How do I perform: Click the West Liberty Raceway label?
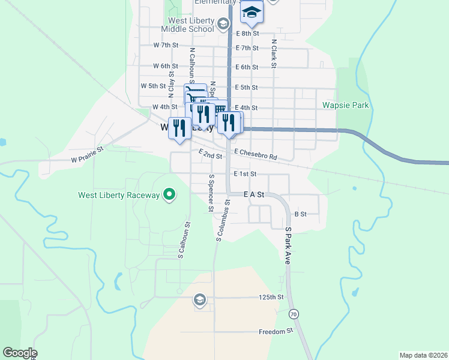119,195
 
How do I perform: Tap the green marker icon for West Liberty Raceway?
169,194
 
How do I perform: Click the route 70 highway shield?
293,314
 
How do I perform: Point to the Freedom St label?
276,331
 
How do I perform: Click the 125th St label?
271,297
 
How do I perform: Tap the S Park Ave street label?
288,246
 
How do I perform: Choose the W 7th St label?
166,45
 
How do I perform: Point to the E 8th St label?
247,34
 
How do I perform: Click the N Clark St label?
274,53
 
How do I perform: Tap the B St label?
300,214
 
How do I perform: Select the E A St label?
254,194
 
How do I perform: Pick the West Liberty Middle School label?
187,25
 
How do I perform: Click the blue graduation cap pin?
252,12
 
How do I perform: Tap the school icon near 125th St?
199,299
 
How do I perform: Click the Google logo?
20,353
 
